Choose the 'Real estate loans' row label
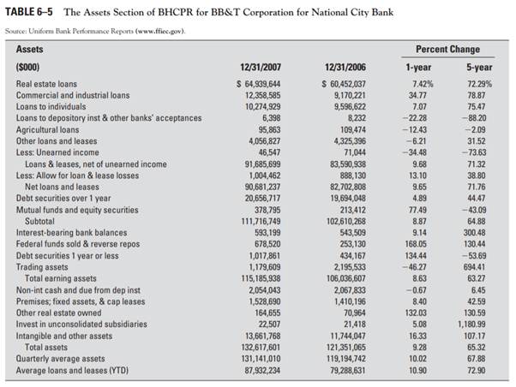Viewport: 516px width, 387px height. pyautogui.click(x=47, y=83)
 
